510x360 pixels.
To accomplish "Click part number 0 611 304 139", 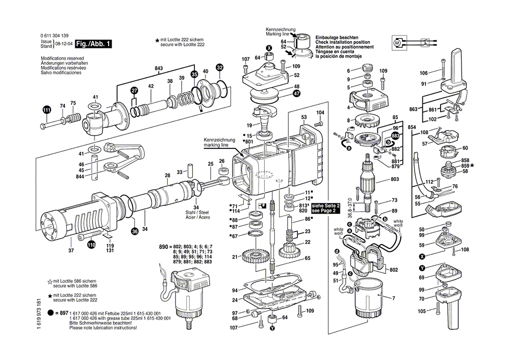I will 55,34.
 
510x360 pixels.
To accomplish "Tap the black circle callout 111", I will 47,110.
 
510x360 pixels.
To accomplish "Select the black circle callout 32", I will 220,68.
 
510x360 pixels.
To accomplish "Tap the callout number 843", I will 158,68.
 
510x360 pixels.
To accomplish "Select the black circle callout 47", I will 296,93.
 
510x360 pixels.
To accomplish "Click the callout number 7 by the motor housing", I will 394,296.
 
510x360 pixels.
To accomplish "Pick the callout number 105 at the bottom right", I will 421,311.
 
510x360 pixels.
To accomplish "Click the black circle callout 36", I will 135,232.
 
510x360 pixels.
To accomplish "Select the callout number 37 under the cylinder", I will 70,250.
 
